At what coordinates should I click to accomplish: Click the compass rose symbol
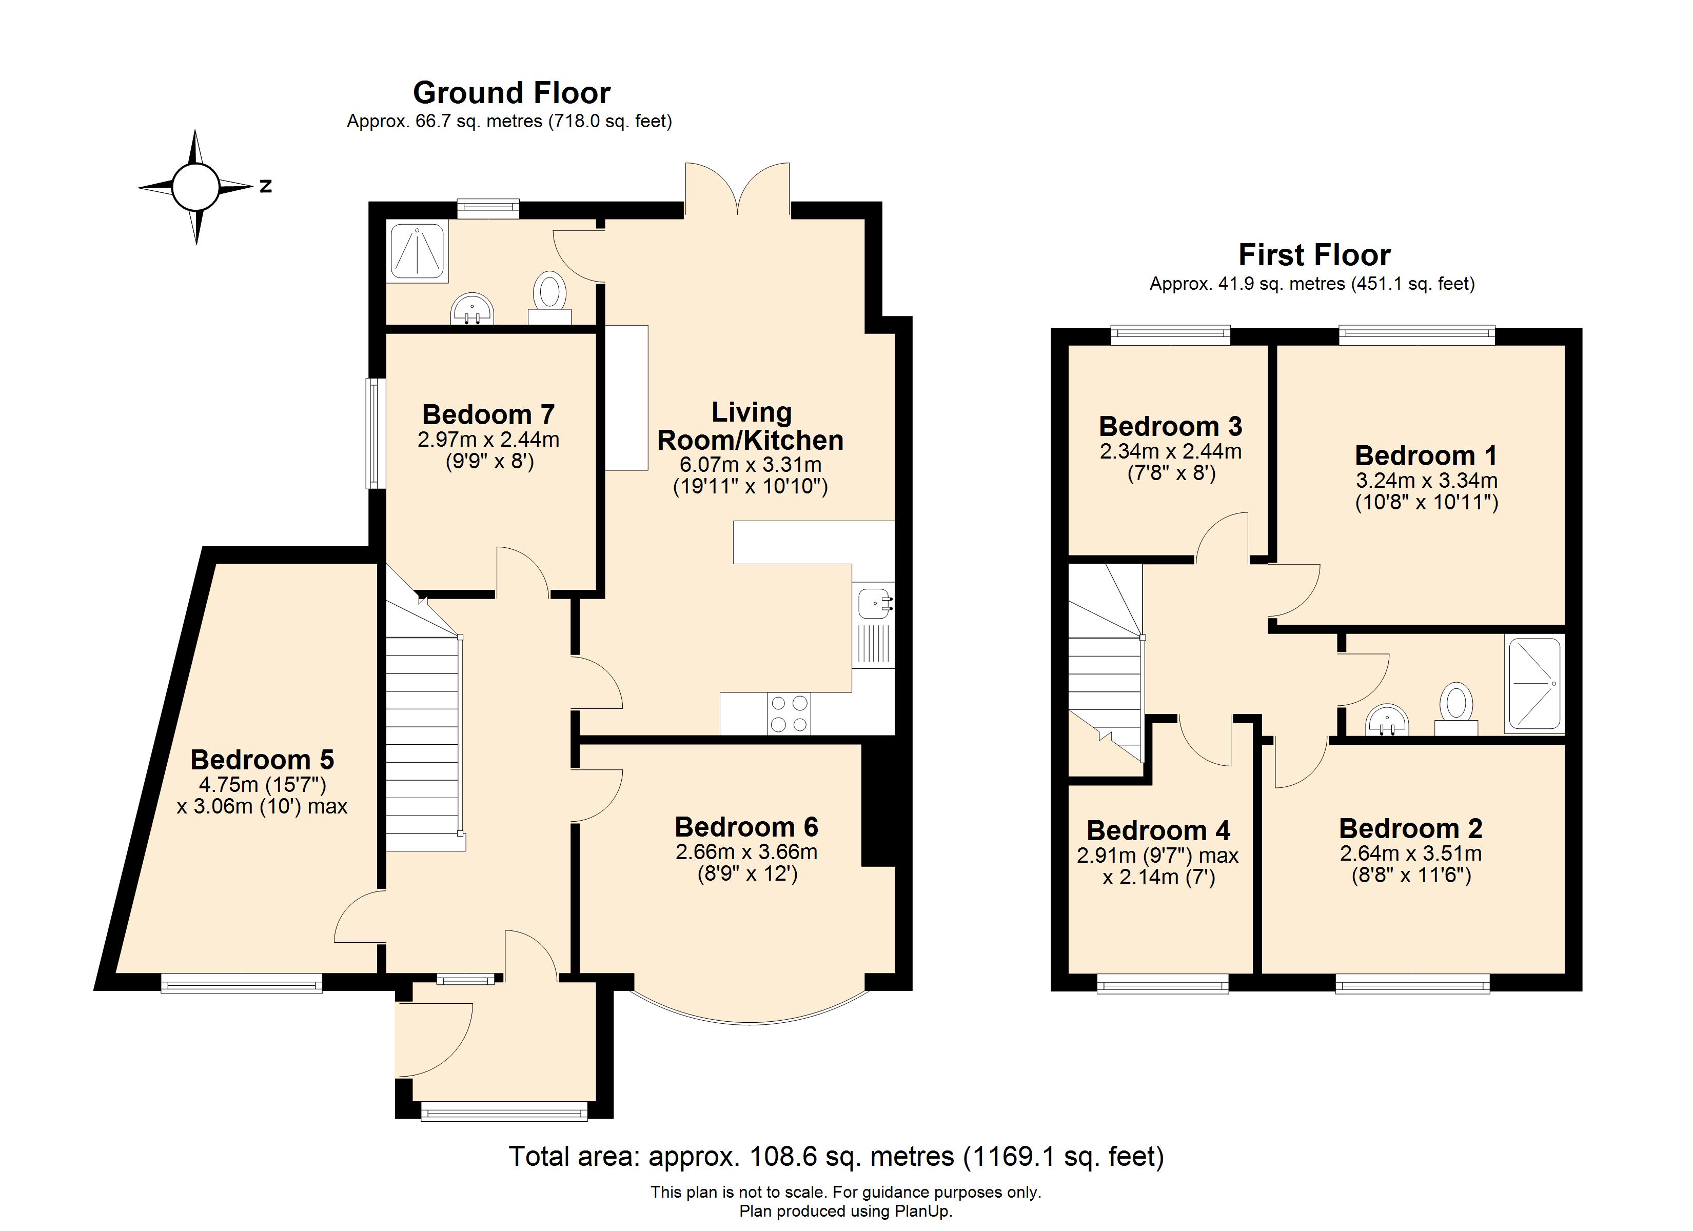[x=195, y=187]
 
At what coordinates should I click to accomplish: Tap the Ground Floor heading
[x=511, y=92]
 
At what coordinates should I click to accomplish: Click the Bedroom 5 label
[x=262, y=760]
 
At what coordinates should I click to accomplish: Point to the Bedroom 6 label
[x=746, y=827]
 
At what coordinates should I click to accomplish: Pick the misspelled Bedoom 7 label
[x=488, y=414]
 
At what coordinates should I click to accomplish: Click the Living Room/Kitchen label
[x=750, y=426]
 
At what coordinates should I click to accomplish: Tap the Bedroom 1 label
[x=1426, y=455]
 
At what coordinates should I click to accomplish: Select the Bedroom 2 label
[x=1411, y=829]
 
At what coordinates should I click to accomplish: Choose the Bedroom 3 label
[x=1170, y=426]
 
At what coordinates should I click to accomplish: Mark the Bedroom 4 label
[x=1158, y=831]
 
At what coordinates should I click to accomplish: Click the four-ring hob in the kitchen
[x=789, y=713]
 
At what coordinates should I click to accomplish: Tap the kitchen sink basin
[x=873, y=604]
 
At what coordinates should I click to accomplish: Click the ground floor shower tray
[x=418, y=249]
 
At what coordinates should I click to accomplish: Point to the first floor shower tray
[x=1534, y=683]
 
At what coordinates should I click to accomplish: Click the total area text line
[x=836, y=1156]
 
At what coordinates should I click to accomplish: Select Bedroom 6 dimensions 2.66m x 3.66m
[x=746, y=852]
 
